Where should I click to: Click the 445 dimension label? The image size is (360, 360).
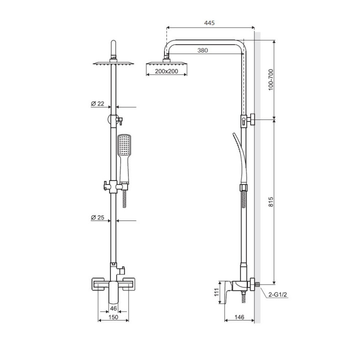[x=209, y=22]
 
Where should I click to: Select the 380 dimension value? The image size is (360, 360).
[x=202, y=50]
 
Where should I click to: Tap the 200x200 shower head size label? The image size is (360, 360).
[x=166, y=71]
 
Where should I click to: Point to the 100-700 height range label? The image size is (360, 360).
[x=271, y=79]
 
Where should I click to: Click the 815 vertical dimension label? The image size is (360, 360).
[x=271, y=201]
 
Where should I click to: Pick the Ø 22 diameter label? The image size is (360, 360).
[x=97, y=103]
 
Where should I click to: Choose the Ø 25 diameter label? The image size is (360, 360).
[x=97, y=217]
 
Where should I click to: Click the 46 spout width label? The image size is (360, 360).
[x=113, y=308]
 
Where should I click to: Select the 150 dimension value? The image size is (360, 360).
[x=113, y=317]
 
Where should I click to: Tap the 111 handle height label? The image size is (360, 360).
[x=216, y=292]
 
